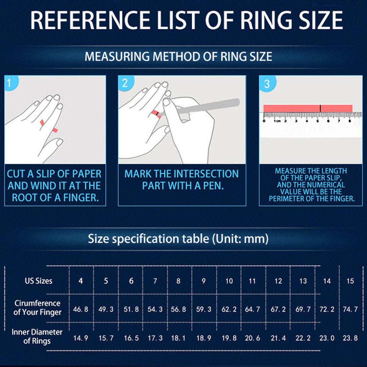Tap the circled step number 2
[x=125, y=83]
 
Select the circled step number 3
[x=267, y=84]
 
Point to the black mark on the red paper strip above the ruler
[x=320, y=108]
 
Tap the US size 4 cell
[x=81, y=281]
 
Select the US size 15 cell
[x=350, y=281]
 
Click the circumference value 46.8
[x=81, y=309]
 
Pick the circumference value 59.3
[x=204, y=309]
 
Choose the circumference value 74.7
[x=350, y=309]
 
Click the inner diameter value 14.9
[x=81, y=338]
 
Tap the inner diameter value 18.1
[x=178, y=338]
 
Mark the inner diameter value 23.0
[x=327, y=338]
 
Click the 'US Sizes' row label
[x=38, y=281]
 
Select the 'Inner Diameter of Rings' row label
[x=37, y=336]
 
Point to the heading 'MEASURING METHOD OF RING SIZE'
[x=178, y=56]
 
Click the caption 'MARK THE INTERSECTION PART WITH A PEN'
[x=181, y=180]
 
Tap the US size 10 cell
[x=229, y=281]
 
